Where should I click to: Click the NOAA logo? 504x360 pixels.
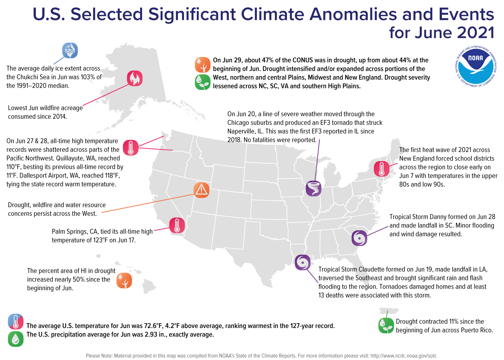(476, 66)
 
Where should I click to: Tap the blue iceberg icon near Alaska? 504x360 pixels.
(70, 51)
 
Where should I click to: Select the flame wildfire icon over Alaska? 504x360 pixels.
(135, 78)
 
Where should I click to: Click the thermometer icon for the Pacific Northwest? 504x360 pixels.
(131, 148)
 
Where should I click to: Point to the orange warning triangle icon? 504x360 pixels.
(201, 190)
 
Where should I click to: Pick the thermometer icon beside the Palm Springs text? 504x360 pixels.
(177, 225)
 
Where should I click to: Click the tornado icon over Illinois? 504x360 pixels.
(313, 188)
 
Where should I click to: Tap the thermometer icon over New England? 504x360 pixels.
(381, 169)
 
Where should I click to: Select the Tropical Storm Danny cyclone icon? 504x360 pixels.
(359, 238)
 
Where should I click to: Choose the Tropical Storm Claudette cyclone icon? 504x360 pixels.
(302, 262)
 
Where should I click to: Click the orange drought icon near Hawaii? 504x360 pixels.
(124, 281)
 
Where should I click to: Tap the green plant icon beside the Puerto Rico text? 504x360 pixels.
(386, 326)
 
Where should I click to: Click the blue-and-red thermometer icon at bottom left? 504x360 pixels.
(16, 322)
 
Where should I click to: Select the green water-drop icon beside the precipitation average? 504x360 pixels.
(16, 339)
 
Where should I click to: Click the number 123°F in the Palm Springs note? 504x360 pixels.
(97, 240)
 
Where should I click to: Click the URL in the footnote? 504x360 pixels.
(403, 356)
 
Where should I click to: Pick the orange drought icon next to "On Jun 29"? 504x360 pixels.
(202, 65)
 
